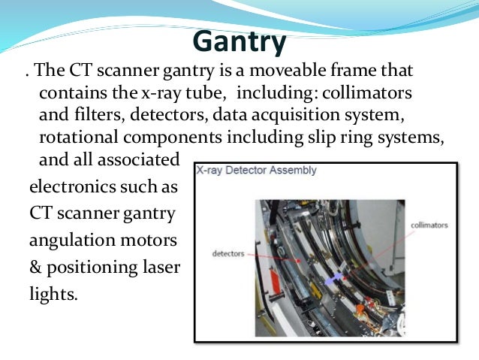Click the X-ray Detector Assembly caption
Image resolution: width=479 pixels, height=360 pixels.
256,171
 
